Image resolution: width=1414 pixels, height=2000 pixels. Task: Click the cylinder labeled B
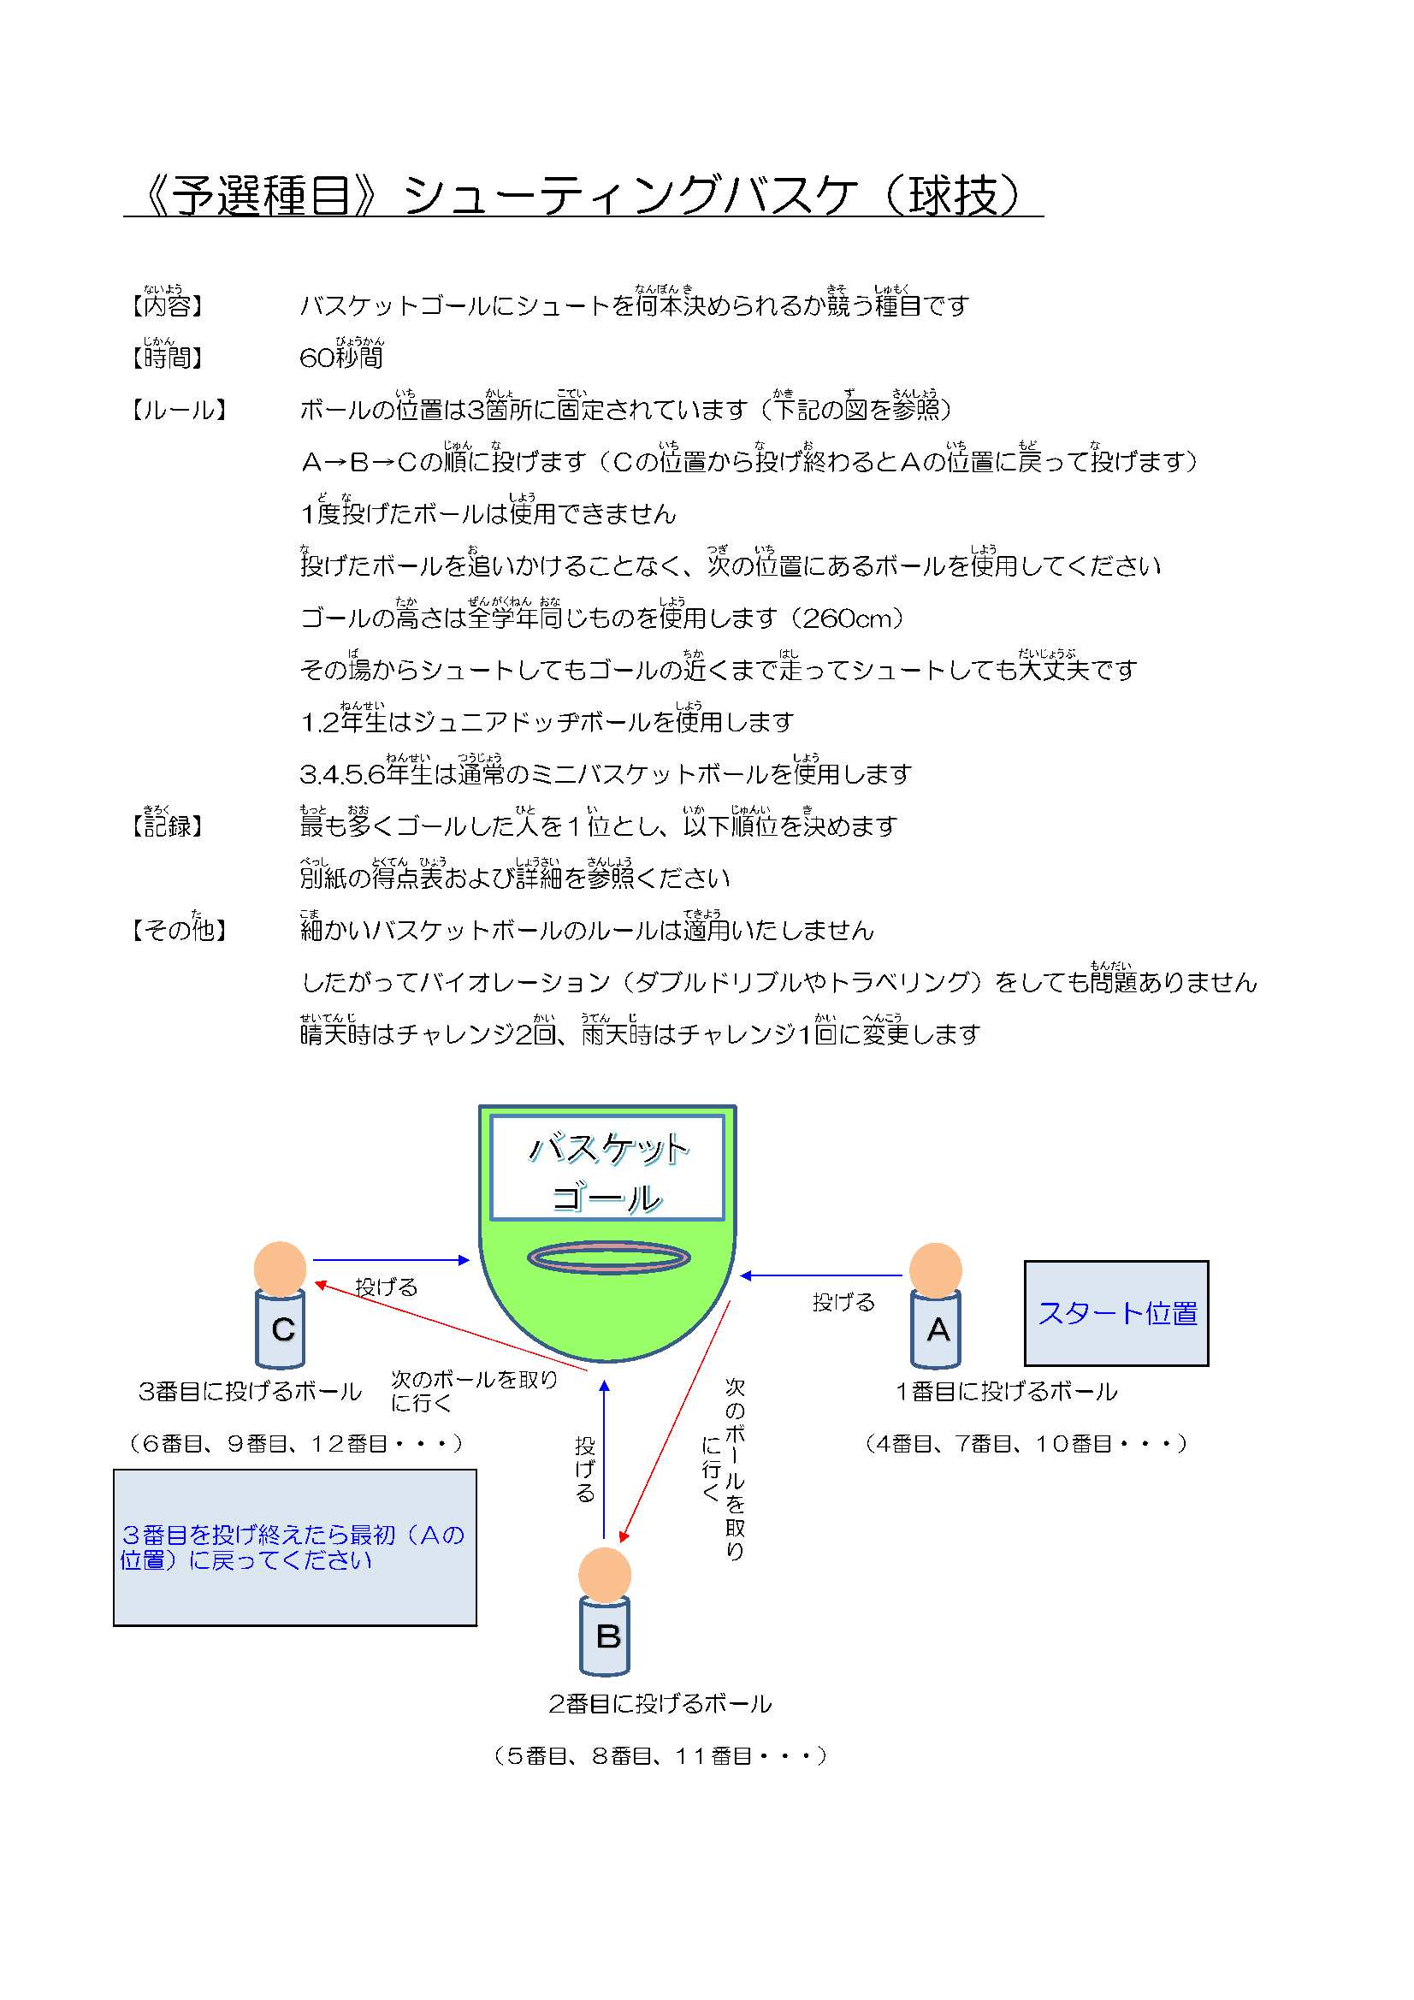point(605,1636)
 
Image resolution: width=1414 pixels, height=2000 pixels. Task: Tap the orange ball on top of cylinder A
point(935,1269)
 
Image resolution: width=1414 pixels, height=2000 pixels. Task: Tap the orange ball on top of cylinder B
point(605,1575)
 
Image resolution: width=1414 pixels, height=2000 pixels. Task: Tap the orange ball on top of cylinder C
point(280,1268)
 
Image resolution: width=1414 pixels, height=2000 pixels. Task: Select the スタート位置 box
point(1115,1313)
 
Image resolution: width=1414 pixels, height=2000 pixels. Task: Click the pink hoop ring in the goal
point(608,1257)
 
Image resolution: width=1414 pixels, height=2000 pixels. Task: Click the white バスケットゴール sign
point(607,1168)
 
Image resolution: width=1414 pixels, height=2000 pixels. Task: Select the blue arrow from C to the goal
point(391,1259)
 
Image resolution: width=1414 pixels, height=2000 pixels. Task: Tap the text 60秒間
point(340,356)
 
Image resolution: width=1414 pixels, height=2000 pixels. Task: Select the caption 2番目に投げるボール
point(660,1704)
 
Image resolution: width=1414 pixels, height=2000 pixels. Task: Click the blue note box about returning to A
point(294,1547)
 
